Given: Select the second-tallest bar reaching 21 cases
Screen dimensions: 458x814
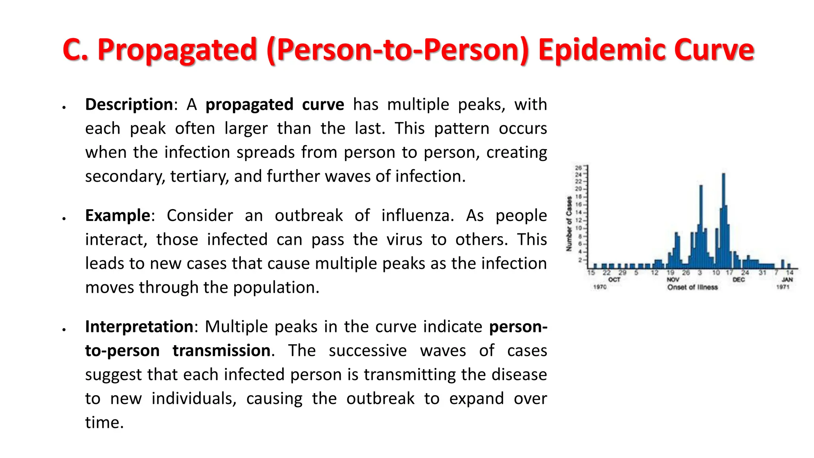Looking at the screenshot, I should click(701, 227).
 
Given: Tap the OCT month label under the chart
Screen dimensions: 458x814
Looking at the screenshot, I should click(614, 280).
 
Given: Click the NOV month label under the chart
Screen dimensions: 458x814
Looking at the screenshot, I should click(673, 280).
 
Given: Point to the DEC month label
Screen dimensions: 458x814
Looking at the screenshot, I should click(738, 280).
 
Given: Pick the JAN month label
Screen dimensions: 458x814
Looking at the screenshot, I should click(787, 280).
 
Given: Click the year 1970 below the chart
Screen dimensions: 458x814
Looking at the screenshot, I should click(600, 287).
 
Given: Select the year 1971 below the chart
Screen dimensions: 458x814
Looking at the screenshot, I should click(783, 287).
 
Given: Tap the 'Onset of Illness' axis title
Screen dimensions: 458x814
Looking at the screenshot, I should click(692, 287).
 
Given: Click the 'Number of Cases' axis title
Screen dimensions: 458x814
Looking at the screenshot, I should click(569, 224).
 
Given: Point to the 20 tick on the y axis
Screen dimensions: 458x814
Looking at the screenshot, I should click(578, 189).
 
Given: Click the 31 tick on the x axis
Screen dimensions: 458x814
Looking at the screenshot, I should click(762, 273).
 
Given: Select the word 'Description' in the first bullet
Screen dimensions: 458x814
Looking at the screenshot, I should click(129, 105).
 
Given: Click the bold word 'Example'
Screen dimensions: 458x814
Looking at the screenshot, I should click(118, 215).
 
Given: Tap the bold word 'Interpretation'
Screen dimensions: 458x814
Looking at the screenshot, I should click(139, 327).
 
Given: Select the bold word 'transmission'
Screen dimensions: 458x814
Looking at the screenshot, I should click(222, 351).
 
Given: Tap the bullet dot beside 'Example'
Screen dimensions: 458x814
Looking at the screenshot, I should click(64, 218).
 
